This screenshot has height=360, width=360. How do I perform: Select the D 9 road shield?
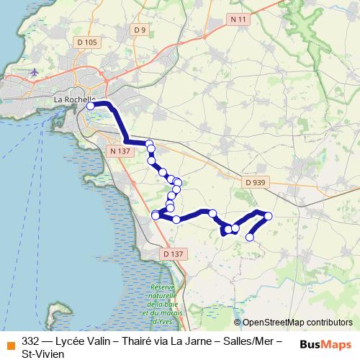[140, 30]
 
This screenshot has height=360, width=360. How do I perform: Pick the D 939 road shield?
[254, 183]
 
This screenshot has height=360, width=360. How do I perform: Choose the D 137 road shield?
[174, 254]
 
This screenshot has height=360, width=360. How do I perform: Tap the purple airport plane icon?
[35, 72]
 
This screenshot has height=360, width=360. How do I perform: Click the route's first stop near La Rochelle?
[91, 106]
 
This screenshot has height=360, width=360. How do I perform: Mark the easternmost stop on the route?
[269, 216]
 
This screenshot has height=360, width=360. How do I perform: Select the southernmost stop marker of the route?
[251, 237]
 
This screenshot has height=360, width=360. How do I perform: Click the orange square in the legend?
[10, 343]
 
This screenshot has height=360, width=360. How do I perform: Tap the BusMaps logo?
[325, 343]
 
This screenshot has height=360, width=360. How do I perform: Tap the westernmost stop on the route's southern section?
[155, 215]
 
